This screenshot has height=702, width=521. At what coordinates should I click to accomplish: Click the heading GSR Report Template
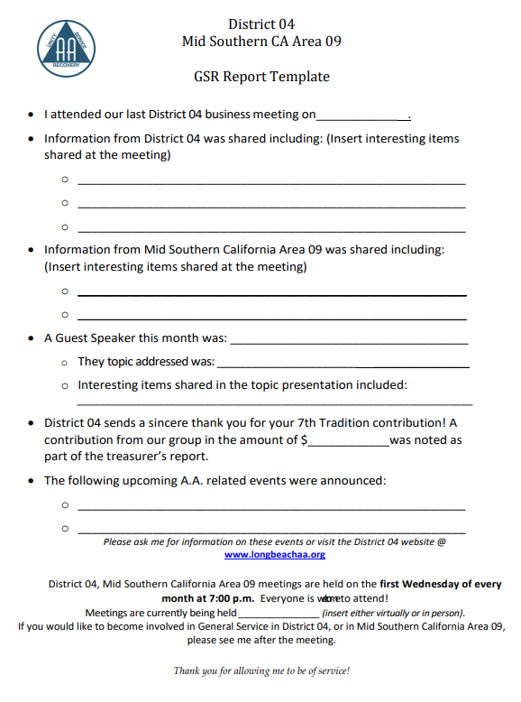tap(261, 77)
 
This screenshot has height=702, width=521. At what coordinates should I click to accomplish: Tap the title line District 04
tap(261, 24)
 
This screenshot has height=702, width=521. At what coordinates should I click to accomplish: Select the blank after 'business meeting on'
tap(362, 115)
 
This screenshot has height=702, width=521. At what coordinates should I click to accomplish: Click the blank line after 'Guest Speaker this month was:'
tap(349, 340)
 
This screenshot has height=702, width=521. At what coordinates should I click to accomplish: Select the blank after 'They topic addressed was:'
tap(343, 363)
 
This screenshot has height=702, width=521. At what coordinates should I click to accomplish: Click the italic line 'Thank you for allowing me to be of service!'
tap(261, 670)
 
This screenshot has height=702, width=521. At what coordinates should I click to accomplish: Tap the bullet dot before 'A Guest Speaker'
tap(32, 339)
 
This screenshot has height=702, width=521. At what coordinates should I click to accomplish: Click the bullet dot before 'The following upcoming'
tap(32, 481)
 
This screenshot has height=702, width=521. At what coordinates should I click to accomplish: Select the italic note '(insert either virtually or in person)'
tap(393, 613)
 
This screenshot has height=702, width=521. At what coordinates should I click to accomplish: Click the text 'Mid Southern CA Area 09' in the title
tap(261, 42)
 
